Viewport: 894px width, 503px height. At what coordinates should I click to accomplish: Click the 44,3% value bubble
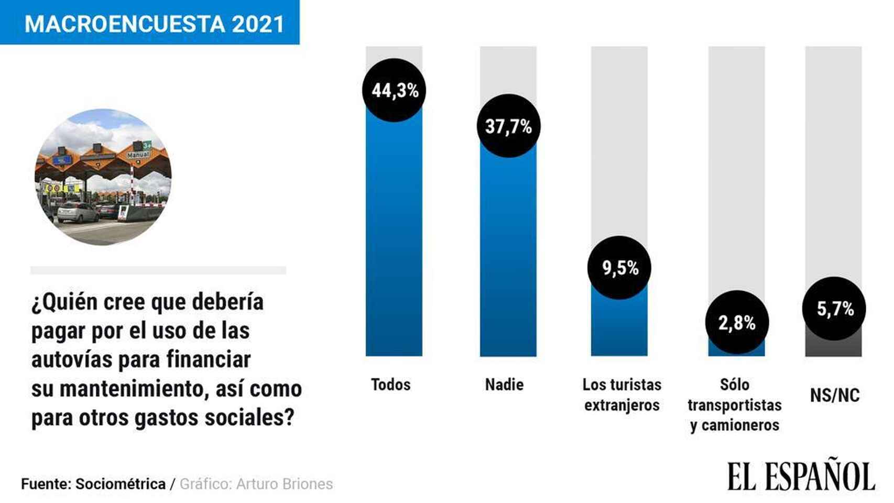[394, 90]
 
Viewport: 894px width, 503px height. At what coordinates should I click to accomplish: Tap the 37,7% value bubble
[508, 126]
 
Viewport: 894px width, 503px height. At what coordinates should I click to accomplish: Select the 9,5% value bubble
[619, 268]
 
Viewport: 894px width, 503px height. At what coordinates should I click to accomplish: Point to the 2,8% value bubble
[737, 322]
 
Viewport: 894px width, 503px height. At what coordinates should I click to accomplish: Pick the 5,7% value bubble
[834, 309]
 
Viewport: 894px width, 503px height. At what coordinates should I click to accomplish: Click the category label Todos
[391, 385]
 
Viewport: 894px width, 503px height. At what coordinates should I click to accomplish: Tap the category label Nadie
[504, 385]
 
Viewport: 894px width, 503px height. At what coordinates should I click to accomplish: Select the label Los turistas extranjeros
[622, 395]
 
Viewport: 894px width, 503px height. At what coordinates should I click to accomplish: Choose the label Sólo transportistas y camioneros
[735, 404]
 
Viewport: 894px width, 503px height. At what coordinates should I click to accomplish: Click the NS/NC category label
[835, 395]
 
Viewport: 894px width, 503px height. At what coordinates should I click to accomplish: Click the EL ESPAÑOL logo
[801, 476]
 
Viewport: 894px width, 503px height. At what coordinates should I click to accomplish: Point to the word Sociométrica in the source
[121, 484]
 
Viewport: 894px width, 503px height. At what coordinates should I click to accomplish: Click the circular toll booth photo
[103, 177]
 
